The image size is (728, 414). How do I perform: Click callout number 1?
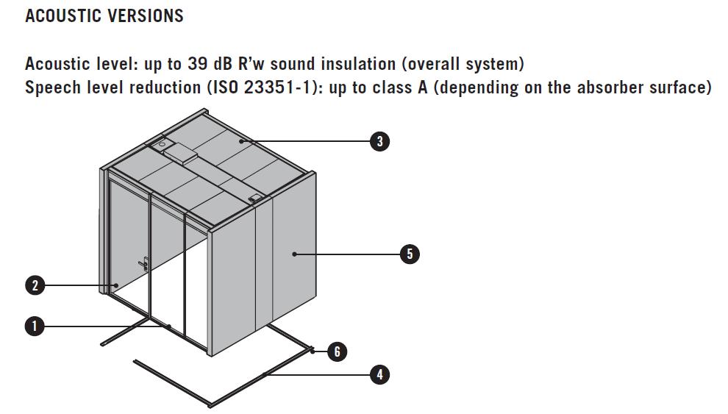pos(35,326)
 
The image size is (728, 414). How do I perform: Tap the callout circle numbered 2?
pos(35,285)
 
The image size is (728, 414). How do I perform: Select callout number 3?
pos(379,141)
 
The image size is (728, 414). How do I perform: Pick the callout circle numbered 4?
pos(379,374)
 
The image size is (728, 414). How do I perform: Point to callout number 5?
pos(410,254)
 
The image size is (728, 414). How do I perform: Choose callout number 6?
pos(337,351)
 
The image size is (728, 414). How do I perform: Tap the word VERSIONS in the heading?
pos(147,15)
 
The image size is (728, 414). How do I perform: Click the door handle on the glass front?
pos(144,263)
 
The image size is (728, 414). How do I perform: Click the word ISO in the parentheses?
pos(227,88)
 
